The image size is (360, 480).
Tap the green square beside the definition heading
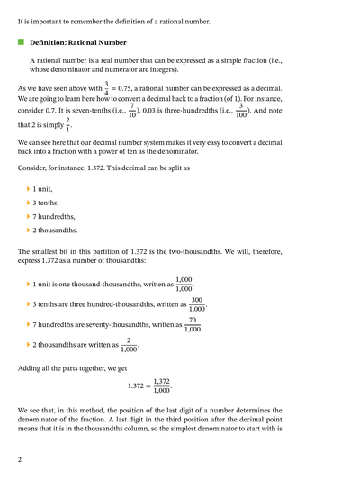click(22, 42)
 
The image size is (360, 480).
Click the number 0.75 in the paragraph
click(131, 88)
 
